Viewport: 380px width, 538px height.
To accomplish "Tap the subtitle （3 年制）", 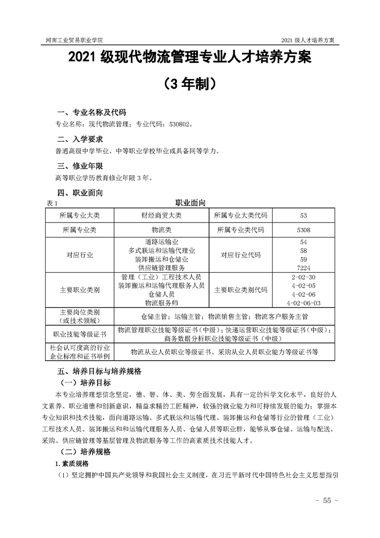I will (x=190, y=84).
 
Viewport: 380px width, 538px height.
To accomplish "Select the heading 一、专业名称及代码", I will (x=92, y=113).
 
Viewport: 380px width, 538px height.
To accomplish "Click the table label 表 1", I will (x=51, y=204).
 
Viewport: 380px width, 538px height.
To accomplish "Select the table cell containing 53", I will (x=303, y=215).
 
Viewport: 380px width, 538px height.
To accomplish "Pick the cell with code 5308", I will (x=303, y=230).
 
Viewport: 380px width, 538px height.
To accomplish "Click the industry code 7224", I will (x=303, y=268).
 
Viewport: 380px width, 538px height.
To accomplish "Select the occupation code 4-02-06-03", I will (x=303, y=303).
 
